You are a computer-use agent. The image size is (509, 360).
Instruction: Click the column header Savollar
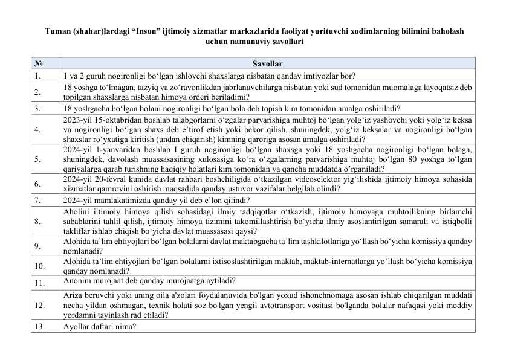267,63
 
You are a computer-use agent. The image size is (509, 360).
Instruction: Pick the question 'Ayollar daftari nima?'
99,327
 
